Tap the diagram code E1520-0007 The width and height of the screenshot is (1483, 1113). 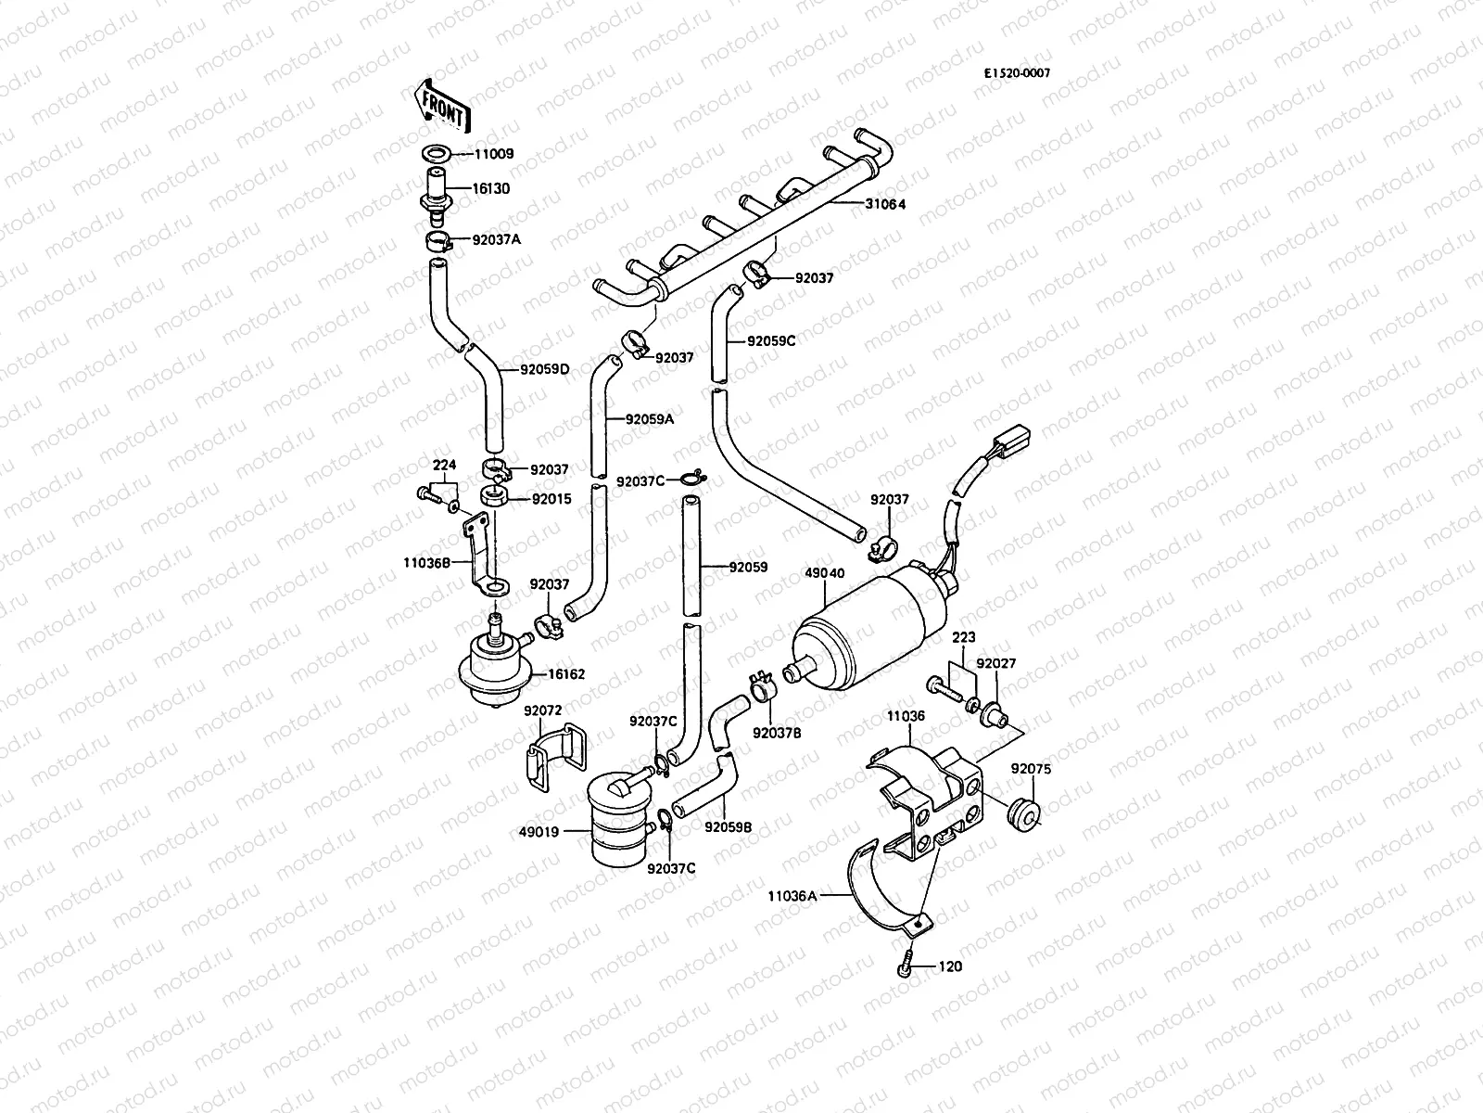pyautogui.click(x=1017, y=73)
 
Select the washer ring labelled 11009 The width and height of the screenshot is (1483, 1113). pyautogui.click(x=436, y=154)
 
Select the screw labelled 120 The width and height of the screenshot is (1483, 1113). pyautogui.click(x=906, y=966)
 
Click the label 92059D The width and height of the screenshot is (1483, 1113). pyautogui.click(x=544, y=369)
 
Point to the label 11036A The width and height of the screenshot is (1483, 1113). pyautogui.click(x=792, y=896)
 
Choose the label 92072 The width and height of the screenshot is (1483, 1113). pyautogui.click(x=543, y=711)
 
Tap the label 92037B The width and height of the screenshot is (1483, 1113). pyautogui.click(x=777, y=733)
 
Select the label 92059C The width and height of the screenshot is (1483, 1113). pyautogui.click(x=772, y=340)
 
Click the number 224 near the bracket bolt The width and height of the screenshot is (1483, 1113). pyautogui.click(x=446, y=465)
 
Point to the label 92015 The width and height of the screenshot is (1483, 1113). pyautogui.click(x=551, y=499)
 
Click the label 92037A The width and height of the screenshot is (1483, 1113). pyautogui.click(x=497, y=239)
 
